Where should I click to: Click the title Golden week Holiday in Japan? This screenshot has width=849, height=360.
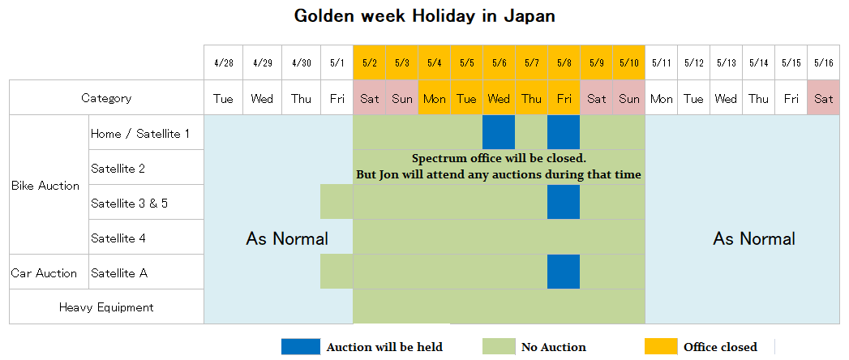coord(424,16)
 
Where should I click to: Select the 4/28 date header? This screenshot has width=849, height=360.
coord(223,62)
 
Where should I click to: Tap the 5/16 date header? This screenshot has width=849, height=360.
coord(823,62)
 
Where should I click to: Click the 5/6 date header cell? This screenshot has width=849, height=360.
coord(499,62)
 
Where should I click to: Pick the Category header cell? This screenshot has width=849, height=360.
coord(106,98)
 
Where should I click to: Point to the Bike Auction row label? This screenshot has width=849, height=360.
coord(45,186)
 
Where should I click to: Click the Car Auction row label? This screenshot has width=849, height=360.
coord(44,272)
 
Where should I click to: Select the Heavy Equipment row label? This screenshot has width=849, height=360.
coord(106,307)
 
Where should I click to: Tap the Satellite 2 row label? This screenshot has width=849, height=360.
coord(118,168)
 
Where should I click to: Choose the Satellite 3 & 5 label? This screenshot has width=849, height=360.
coord(130,203)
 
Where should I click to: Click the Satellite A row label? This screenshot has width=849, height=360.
coord(119,272)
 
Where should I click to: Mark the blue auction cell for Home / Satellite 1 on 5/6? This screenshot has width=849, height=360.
coord(499,132)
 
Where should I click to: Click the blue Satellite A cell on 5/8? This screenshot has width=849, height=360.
coord(564,272)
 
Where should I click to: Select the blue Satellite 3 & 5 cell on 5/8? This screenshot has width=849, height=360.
coord(564,202)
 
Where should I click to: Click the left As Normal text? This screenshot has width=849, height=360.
coord(287,238)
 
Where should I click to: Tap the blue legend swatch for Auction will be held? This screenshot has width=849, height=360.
coord(301,347)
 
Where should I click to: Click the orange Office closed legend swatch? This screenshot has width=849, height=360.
coord(661,347)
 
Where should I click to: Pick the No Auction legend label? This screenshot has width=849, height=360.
coord(553,347)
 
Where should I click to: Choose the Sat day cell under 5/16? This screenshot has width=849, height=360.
coord(823,98)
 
